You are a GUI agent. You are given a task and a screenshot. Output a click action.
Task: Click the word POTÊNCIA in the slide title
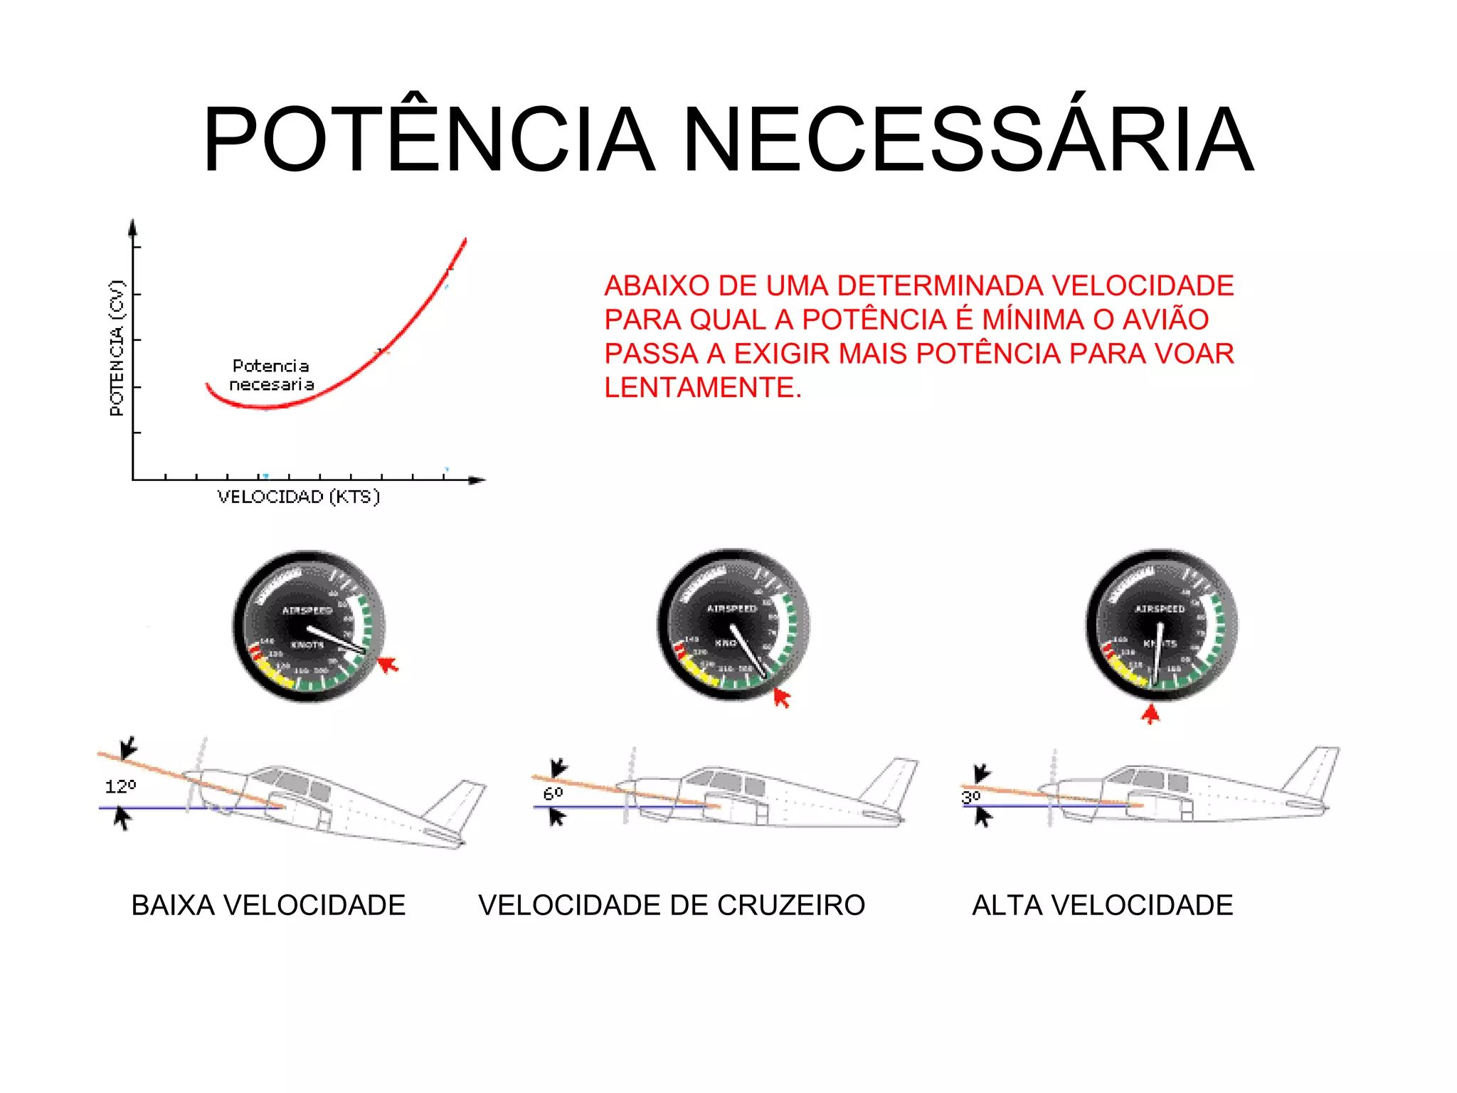click(x=428, y=140)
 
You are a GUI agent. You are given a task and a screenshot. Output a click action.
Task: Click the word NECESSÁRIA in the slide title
click(x=968, y=140)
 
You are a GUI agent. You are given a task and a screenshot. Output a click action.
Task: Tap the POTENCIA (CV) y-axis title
click(x=117, y=348)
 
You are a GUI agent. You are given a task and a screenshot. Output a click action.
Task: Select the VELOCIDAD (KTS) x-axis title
click(x=299, y=497)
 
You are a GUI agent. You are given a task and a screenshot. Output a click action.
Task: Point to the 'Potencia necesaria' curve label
click(x=271, y=375)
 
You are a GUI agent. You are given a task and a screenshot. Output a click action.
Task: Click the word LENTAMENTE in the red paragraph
click(x=702, y=388)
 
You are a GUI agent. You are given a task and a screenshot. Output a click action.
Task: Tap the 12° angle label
click(x=120, y=786)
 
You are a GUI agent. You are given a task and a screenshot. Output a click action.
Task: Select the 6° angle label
click(x=553, y=793)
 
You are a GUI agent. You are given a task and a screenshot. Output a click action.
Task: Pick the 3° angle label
click(x=971, y=796)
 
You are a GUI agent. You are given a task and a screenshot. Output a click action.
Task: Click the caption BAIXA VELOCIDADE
click(x=268, y=905)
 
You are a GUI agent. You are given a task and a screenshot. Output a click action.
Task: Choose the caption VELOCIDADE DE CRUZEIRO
click(x=672, y=905)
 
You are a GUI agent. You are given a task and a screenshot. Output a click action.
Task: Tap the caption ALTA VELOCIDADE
click(x=1102, y=905)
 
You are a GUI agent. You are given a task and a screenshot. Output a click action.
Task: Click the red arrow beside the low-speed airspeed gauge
click(x=388, y=665)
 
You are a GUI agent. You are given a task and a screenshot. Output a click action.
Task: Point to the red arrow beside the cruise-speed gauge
click(x=781, y=697)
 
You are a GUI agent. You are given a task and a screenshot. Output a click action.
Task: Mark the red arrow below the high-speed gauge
click(x=1150, y=714)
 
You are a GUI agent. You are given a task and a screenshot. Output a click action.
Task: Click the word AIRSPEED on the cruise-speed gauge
click(x=731, y=608)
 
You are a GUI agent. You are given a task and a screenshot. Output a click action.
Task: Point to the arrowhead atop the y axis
click(x=132, y=227)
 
